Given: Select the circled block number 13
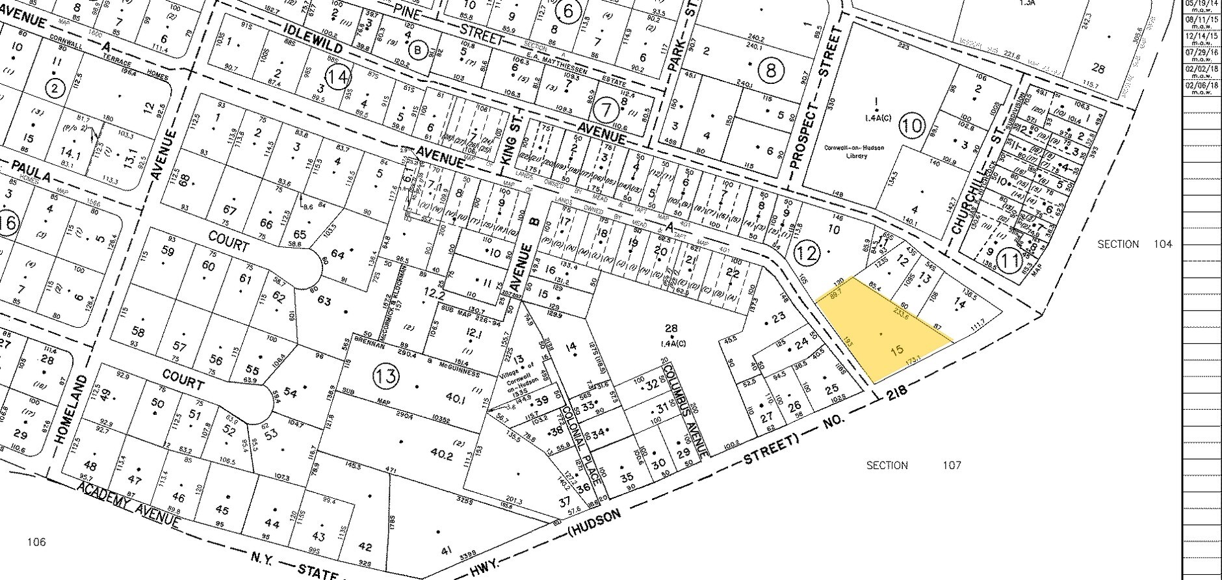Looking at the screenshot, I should point(385,376).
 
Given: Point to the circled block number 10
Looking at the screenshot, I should point(913,125).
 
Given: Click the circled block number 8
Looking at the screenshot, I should point(771,70).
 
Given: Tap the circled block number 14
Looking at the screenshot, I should point(338,79).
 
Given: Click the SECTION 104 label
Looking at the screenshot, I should point(1134,244).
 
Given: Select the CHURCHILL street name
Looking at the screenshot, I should point(961,209).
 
